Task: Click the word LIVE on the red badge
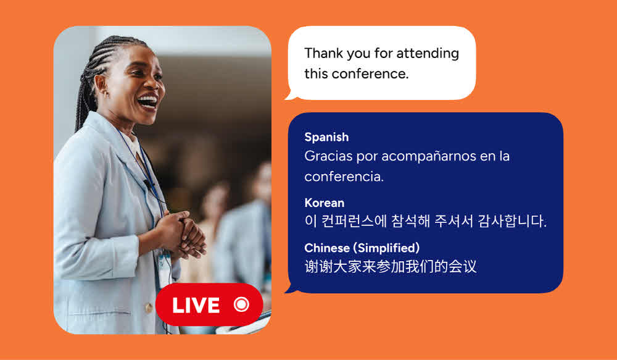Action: click(196, 305)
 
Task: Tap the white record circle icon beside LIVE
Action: click(241, 304)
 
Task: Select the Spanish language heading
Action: click(326, 137)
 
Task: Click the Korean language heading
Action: click(325, 203)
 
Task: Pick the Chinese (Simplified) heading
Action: click(362, 248)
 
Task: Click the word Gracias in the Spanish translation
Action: click(328, 156)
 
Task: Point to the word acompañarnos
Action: click(429, 156)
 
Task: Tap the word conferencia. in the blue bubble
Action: click(344, 177)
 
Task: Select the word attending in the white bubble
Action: click(428, 54)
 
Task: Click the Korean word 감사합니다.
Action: click(512, 221)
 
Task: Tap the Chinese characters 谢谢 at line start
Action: click(319, 267)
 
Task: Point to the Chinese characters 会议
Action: click(462, 267)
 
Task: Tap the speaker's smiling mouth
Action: click(148, 102)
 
